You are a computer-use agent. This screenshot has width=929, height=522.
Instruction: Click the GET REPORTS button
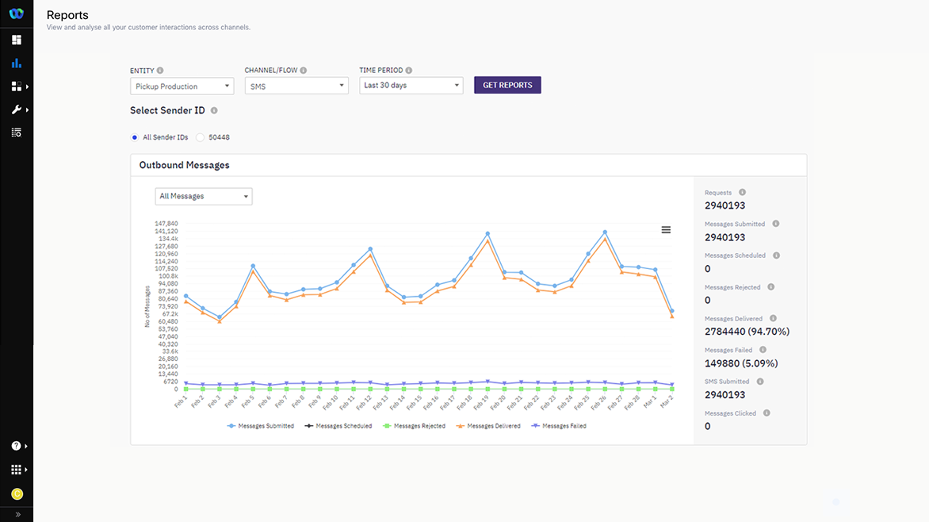coord(507,85)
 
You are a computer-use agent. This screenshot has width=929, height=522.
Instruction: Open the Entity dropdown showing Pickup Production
coord(182,86)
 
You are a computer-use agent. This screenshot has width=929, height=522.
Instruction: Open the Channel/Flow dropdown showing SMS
coord(296,86)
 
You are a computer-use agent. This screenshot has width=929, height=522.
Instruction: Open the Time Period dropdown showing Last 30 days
coord(411,85)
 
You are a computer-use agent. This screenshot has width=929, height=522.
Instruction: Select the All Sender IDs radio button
coord(135,137)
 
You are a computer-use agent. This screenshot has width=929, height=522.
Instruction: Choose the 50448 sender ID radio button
coord(201,137)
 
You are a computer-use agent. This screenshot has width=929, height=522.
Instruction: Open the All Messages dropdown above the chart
coord(204,196)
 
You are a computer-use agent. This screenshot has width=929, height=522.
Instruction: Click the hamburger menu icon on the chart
coord(666,230)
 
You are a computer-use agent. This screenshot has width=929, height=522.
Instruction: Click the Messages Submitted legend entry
coord(261,426)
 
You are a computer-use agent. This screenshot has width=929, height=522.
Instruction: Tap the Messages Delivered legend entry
coord(488,426)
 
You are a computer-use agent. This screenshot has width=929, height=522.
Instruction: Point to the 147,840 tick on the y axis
coord(166,224)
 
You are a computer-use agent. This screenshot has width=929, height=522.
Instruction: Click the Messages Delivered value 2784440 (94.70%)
coord(747,332)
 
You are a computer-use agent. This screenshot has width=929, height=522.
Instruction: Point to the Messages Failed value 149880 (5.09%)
coord(741,363)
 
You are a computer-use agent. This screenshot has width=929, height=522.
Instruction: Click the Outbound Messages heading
coord(184,165)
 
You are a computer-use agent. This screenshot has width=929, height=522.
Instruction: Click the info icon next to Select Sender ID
coord(214,111)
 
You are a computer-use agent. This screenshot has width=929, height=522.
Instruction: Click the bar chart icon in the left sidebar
coord(17,63)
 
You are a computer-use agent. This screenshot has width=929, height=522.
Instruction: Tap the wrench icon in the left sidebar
coord(16,109)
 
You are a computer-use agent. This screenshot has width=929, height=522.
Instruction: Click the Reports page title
coord(67,15)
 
